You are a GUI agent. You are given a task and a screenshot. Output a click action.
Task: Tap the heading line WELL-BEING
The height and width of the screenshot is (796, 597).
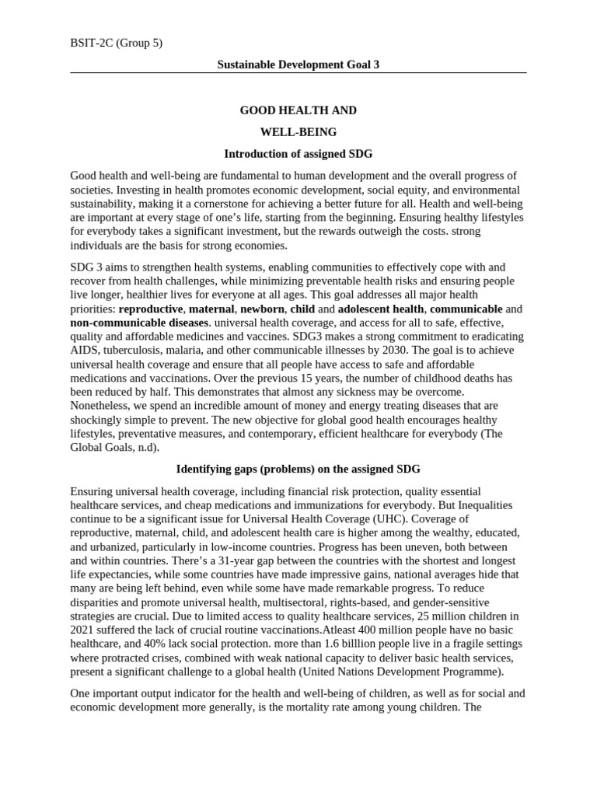pyautogui.click(x=298, y=132)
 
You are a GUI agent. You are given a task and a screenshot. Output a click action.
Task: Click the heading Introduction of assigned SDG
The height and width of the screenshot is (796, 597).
pyautogui.click(x=298, y=154)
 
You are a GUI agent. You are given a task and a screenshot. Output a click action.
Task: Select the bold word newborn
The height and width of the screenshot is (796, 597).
pyautogui.click(x=262, y=309)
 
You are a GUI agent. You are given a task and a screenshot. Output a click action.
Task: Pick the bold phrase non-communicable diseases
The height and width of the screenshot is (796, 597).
pyautogui.click(x=139, y=323)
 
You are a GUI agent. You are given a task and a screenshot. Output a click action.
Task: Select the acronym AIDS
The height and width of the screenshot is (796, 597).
pyautogui.click(x=83, y=350)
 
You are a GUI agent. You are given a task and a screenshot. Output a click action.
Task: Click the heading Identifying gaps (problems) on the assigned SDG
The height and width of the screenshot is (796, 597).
pyautogui.click(x=298, y=470)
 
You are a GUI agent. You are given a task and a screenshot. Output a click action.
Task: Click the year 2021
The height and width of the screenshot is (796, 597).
pyautogui.click(x=83, y=630)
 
